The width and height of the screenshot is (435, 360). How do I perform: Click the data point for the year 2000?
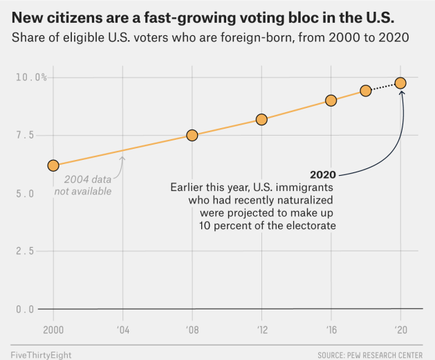(53, 165)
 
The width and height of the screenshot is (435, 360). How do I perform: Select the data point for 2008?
(192, 136)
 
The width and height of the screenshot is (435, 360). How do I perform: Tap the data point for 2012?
(261, 119)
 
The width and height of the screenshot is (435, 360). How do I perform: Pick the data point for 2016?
(331, 100)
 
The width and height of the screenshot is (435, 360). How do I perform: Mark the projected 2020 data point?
(400, 83)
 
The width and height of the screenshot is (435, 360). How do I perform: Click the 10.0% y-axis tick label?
(30, 77)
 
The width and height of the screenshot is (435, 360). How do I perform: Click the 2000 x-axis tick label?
(53, 329)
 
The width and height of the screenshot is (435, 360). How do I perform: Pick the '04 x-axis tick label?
(122, 329)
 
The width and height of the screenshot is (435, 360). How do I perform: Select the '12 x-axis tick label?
(261, 329)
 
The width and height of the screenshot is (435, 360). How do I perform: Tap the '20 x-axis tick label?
(400, 329)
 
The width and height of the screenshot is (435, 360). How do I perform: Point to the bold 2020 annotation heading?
(323, 174)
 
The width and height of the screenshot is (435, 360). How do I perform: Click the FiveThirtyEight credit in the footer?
(41, 354)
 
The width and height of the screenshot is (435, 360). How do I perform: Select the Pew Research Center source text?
(370, 354)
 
